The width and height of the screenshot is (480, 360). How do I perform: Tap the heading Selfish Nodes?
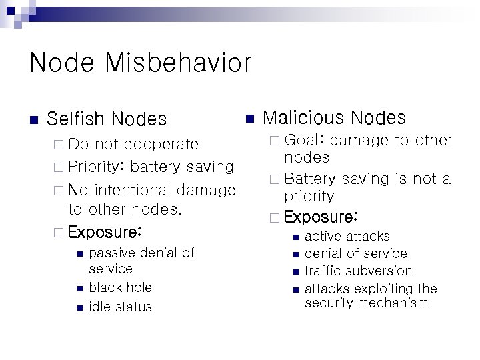[107, 119]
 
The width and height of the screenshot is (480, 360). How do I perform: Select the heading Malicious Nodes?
[335, 118]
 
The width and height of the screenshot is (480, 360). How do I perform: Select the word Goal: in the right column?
[304, 141]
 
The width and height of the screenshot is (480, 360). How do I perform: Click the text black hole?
[120, 287]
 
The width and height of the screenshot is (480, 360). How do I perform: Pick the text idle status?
[120, 307]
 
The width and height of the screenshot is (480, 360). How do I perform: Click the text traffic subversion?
[358, 271]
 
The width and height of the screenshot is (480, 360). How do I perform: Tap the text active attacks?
[347, 236]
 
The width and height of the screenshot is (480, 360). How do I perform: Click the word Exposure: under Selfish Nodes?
[105, 233]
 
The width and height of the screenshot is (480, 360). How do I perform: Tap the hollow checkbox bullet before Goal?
[275, 141]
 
